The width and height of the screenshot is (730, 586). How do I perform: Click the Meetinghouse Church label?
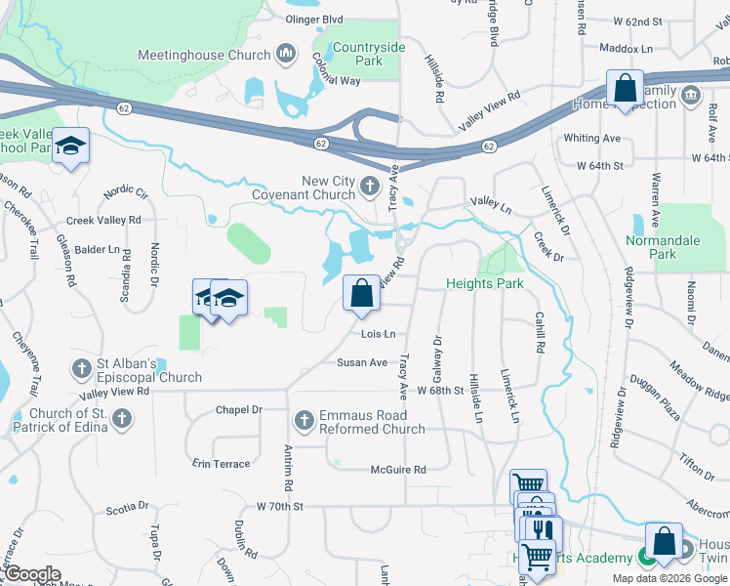click(204, 55)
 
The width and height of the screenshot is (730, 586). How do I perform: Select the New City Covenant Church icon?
click(370, 185)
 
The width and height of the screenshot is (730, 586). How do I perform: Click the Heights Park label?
click(485, 283)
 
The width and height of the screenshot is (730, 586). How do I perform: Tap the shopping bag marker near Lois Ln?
click(361, 294)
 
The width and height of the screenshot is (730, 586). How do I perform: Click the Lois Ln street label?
click(378, 334)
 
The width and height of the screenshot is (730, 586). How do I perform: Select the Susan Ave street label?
click(362, 362)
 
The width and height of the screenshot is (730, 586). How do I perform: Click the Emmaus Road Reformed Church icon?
click(304, 420)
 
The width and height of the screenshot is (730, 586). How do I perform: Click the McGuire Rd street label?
click(398, 470)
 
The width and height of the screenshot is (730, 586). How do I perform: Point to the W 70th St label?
click(280, 506)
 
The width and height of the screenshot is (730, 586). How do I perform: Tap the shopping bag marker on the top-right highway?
click(625, 88)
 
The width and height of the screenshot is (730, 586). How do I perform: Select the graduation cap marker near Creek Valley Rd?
click(70, 146)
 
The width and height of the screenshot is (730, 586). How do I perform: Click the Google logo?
click(32, 574)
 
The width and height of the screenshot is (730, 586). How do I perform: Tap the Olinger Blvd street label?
click(313, 19)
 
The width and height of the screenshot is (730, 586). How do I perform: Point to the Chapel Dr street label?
click(239, 410)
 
